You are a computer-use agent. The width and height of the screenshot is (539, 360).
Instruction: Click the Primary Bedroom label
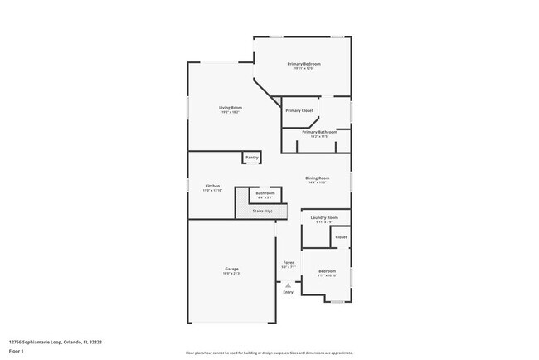(x=303, y=64)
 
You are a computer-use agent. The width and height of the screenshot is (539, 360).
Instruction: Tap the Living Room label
(x=231, y=108)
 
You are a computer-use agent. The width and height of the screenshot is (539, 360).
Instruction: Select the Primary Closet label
(x=299, y=110)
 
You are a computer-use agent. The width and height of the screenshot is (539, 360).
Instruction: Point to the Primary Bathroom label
(x=319, y=132)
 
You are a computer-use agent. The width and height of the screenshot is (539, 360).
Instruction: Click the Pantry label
(x=252, y=158)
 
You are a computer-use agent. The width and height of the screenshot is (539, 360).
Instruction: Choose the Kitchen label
(x=213, y=185)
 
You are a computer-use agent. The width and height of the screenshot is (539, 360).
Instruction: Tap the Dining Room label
(x=318, y=178)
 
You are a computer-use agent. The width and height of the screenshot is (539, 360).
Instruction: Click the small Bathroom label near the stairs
(x=265, y=193)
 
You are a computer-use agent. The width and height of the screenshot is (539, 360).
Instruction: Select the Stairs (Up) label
(x=262, y=212)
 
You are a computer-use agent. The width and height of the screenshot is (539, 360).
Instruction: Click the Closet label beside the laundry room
(x=341, y=237)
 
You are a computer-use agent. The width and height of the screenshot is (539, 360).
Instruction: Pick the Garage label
(x=232, y=269)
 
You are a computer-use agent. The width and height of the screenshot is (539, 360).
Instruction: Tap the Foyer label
(x=289, y=262)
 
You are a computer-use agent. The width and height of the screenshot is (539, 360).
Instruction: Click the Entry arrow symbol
(x=289, y=285)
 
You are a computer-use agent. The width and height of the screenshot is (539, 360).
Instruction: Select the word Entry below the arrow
(x=289, y=292)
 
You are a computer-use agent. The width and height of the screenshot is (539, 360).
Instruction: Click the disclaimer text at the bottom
(x=269, y=353)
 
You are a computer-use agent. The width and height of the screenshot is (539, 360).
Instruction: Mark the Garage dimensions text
(x=232, y=273)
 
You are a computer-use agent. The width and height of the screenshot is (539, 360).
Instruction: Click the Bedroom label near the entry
(x=328, y=270)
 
